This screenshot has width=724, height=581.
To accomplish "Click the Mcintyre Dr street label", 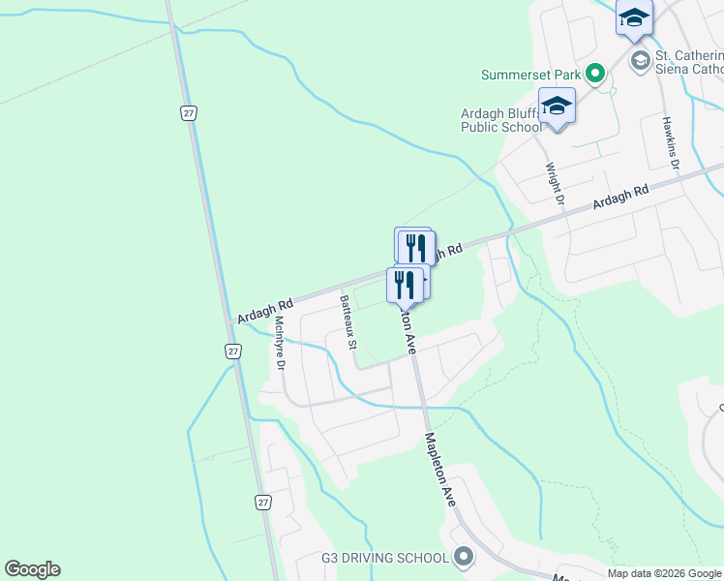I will tap(280, 344).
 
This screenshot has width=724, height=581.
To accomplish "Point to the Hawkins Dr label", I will tap(670, 143).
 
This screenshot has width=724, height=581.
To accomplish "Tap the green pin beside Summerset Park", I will tap(595, 74).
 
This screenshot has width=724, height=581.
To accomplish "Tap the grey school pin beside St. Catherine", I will tap(640, 62).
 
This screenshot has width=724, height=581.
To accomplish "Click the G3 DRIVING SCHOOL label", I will tap(384, 558).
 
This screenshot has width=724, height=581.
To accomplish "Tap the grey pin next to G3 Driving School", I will tap(464, 557).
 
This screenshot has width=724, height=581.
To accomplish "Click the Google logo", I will tap(32, 569).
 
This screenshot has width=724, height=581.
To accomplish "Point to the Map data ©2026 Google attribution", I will tap(664, 573).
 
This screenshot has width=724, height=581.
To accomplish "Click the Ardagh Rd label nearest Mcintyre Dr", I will tap(258, 310).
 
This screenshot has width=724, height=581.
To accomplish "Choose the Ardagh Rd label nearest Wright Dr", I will tap(620, 200).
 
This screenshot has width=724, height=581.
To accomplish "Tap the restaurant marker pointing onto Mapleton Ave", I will tap(403, 285).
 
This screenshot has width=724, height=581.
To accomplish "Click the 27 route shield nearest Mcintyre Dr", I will tap(233, 352).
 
